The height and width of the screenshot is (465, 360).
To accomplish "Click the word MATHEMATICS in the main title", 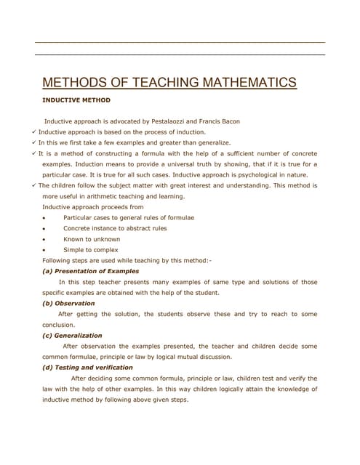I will [235, 82].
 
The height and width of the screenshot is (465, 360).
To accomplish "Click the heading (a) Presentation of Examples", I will [91, 271].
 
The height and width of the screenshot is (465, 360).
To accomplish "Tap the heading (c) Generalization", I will [73, 336].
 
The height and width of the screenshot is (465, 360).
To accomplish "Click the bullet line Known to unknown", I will [92, 239].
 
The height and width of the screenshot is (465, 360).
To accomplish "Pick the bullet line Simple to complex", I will [91, 250].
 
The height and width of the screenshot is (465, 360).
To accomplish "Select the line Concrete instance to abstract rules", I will [115, 228].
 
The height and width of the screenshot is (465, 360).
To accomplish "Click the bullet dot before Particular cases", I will [45, 218].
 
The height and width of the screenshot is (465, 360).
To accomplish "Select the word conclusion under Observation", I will [59, 325].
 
